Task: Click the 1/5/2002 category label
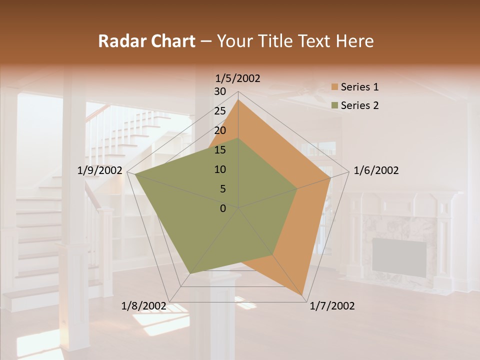(x=237, y=78)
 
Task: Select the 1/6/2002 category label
(x=376, y=170)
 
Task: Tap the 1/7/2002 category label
(x=332, y=306)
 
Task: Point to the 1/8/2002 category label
(x=144, y=306)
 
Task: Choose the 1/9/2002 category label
(x=100, y=170)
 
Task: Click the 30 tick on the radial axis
(x=220, y=91)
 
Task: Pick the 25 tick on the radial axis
(x=220, y=111)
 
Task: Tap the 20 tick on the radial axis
(x=220, y=130)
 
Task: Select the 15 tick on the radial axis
(x=220, y=150)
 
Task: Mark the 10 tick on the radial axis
(x=220, y=169)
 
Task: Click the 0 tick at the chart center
(x=223, y=208)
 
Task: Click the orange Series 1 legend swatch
(x=334, y=87)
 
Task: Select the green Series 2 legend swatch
(x=334, y=105)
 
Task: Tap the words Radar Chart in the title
(x=146, y=41)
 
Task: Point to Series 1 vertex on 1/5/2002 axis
(x=238, y=99)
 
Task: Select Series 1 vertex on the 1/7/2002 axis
(x=303, y=297)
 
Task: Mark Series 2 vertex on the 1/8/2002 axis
(x=189, y=274)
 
